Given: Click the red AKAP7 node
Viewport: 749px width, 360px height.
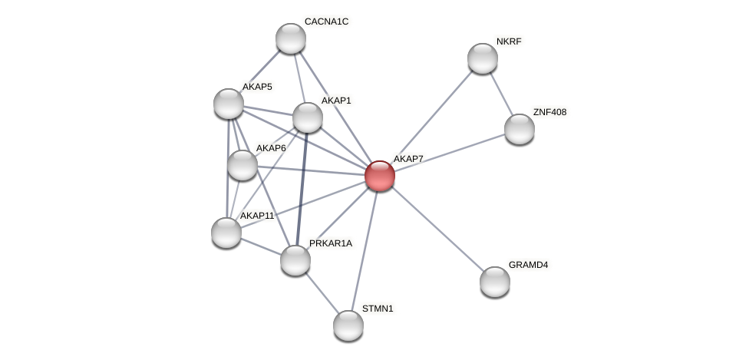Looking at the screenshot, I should point(379,176).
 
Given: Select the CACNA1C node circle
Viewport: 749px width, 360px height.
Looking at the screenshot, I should point(291,38).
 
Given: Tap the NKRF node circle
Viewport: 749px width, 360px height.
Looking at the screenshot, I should point(482,58).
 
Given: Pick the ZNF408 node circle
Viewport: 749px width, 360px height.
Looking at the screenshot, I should point(519,129).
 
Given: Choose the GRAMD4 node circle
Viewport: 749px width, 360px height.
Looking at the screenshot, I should point(495,282).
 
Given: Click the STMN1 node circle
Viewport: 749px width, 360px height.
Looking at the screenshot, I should point(348,325).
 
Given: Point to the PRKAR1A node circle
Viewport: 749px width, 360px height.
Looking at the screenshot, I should point(295,260).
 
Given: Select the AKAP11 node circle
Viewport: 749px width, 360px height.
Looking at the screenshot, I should point(226,233).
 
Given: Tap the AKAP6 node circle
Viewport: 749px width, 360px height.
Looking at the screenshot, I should point(243,165).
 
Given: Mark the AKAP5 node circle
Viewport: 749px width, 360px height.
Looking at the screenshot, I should point(229,104).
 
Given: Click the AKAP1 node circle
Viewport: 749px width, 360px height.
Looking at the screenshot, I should point(308,117).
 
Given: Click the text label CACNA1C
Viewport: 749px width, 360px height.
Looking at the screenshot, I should point(326,21).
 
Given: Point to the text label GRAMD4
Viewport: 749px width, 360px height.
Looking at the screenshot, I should point(528,265).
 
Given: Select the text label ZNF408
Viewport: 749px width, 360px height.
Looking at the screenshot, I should point(549,112).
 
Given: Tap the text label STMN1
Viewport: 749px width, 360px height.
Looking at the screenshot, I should point(378,309).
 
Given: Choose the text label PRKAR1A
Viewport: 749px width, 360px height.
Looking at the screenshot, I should point(331,243).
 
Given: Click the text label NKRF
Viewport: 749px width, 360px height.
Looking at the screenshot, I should point(509,41).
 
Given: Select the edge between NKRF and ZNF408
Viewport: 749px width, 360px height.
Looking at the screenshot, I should point(500,94).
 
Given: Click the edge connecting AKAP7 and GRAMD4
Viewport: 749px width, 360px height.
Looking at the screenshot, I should point(437,229).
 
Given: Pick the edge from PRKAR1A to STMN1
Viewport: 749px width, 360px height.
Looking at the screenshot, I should point(322,293).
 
